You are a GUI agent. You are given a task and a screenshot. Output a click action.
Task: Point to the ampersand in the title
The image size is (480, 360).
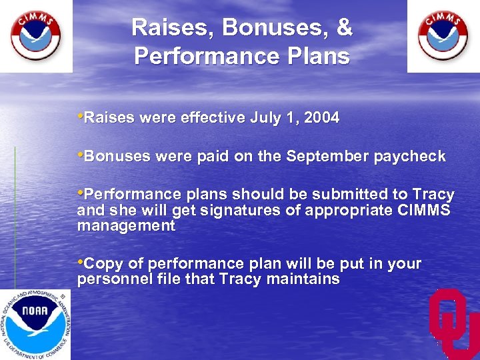344,28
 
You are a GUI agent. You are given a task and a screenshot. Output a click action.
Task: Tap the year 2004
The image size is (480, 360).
321,119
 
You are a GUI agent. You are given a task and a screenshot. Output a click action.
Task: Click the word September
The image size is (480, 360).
319,157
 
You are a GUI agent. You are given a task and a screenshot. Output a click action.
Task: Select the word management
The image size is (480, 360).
126,226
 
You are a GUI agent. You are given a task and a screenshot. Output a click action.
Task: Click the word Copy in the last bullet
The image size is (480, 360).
100,264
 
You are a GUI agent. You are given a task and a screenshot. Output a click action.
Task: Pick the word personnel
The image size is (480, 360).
110,279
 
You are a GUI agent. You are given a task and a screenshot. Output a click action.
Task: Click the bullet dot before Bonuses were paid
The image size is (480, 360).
81,156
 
